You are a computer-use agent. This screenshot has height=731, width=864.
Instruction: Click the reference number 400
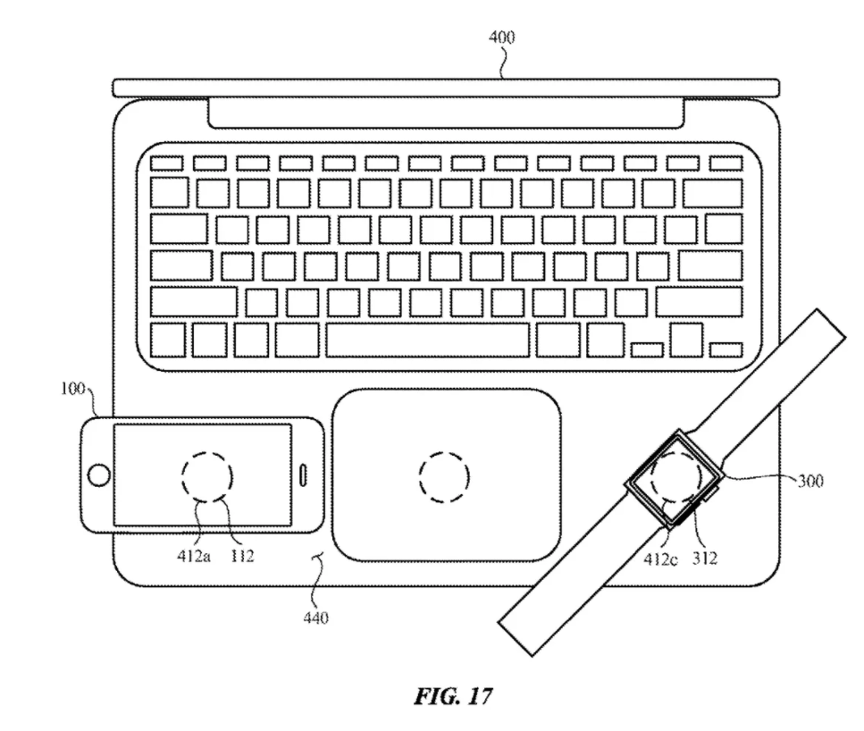[501, 38]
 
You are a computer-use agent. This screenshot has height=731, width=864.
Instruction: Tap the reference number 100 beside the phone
[72, 389]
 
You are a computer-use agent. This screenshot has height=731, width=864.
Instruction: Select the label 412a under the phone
[194, 556]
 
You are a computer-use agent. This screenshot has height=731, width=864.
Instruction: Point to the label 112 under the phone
[242, 556]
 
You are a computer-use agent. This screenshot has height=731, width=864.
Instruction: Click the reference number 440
[315, 618]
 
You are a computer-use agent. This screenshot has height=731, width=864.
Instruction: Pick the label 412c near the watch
[660, 559]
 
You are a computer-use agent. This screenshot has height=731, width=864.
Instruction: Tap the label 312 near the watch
[705, 559]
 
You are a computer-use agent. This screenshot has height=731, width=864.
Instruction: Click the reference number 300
[810, 482]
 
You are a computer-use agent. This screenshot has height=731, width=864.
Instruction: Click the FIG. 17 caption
[453, 696]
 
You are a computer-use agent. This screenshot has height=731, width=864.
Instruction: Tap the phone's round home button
[98, 475]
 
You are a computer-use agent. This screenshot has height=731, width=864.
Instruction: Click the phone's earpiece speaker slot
[303, 475]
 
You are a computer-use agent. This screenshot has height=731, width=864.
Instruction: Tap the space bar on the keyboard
[428, 340]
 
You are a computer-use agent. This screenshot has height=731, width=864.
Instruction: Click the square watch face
[674, 478]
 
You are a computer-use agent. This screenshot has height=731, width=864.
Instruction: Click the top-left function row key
[166, 164]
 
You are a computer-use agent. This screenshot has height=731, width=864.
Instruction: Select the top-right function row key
[726, 164]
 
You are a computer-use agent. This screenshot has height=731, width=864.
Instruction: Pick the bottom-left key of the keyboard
[167, 340]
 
